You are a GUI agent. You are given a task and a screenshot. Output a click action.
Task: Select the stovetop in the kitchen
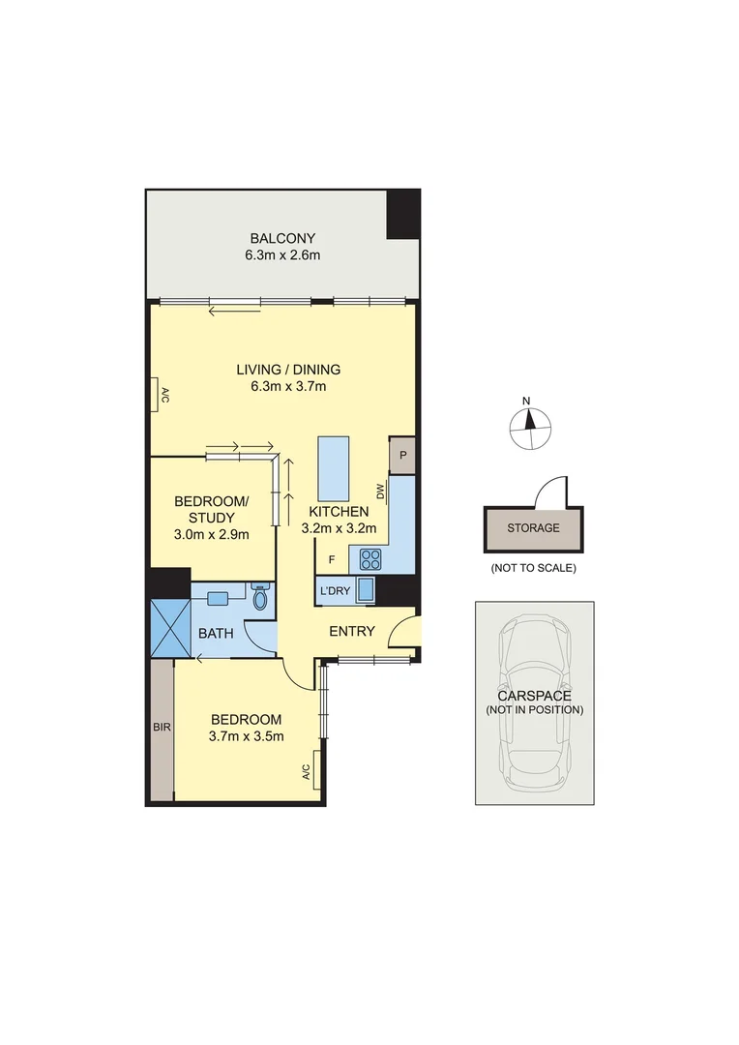click(x=370, y=558)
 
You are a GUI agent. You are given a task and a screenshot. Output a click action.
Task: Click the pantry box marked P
click(x=401, y=455)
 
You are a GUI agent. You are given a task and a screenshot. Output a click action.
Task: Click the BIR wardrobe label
click(x=161, y=726)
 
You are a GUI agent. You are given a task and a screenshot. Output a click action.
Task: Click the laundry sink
click(x=366, y=589)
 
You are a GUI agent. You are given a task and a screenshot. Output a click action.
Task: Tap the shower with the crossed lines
click(x=170, y=628)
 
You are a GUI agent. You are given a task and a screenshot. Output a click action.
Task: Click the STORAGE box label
click(x=534, y=528)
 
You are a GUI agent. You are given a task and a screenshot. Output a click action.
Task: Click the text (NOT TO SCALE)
click(x=533, y=568)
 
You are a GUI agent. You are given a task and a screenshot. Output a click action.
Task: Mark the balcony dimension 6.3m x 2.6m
click(x=282, y=255)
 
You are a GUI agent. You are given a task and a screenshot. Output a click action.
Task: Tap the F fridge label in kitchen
click(x=332, y=559)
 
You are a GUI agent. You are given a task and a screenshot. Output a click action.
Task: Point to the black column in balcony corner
click(x=402, y=214)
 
